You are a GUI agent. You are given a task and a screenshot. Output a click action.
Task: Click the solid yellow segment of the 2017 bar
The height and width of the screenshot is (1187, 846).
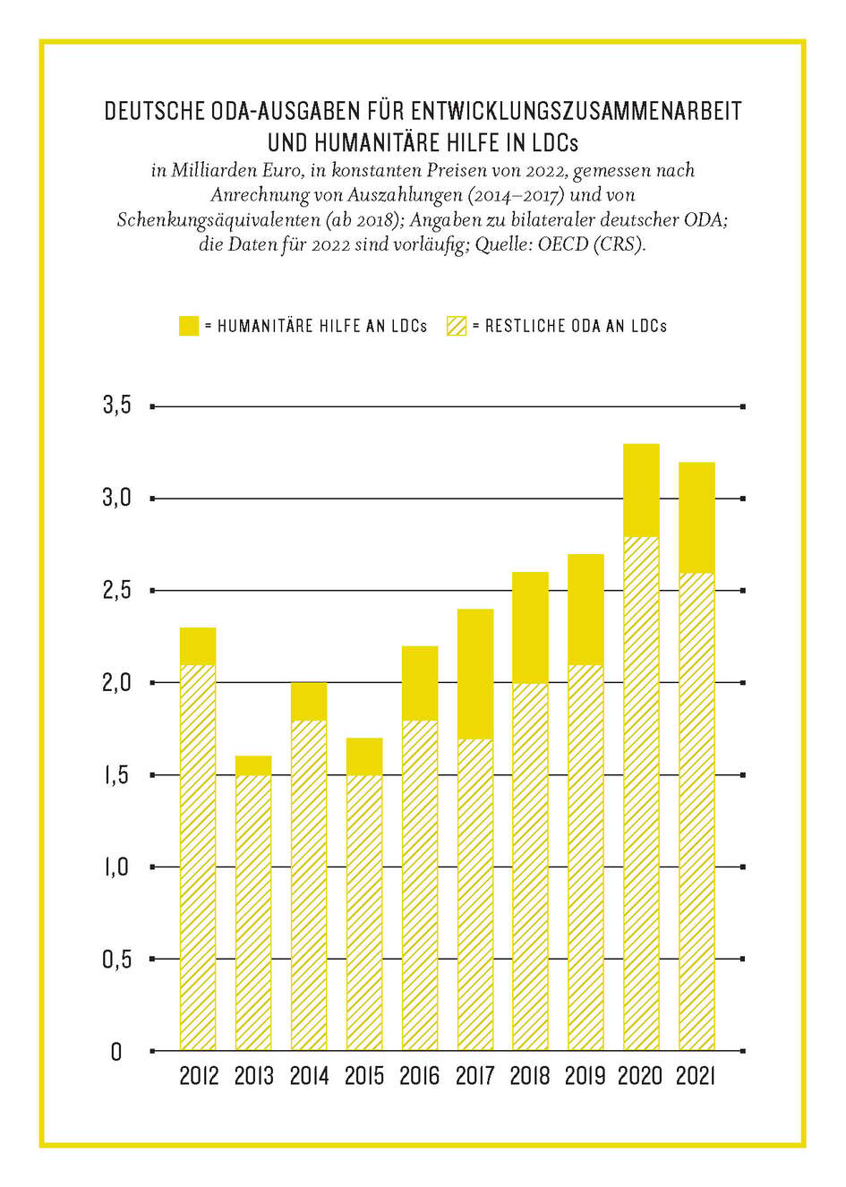[x=474, y=673]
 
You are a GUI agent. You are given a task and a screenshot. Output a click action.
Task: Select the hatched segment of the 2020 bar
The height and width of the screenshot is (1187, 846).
[x=641, y=792]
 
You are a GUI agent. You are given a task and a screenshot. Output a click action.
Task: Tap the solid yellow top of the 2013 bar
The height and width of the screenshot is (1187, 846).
[x=253, y=765]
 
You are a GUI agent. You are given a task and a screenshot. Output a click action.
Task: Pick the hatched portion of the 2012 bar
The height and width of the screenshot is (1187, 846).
[x=198, y=857]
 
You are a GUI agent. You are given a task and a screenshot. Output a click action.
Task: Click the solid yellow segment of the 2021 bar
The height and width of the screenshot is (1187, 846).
[x=696, y=517]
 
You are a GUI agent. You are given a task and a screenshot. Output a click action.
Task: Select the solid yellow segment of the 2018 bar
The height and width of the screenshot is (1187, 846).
[x=530, y=627]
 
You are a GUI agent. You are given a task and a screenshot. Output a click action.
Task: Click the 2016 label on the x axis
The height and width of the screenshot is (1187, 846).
[x=419, y=1076]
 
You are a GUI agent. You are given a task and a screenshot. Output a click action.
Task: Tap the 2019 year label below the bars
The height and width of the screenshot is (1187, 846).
[x=585, y=1076]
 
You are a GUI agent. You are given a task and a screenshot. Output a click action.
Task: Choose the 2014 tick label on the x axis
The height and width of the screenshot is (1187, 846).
[x=309, y=1076]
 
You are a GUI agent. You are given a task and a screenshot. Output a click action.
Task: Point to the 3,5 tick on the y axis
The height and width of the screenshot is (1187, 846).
[x=116, y=406]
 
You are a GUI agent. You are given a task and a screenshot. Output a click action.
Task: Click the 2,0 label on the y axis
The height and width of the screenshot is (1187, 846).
[x=116, y=683]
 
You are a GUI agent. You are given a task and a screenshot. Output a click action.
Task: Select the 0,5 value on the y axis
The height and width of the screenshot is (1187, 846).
[x=116, y=960]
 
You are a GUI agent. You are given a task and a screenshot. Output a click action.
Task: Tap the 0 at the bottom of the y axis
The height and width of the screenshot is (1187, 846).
[x=115, y=1052]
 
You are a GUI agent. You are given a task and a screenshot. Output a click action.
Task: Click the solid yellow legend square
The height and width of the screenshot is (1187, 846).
[x=188, y=326]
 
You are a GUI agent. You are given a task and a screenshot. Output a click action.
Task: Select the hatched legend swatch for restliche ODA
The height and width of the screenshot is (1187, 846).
[x=457, y=326]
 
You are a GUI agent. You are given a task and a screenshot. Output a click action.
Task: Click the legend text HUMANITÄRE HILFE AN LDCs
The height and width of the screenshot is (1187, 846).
[x=322, y=327]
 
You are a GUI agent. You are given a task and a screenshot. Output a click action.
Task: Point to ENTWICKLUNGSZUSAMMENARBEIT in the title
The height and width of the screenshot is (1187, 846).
[x=576, y=112]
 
